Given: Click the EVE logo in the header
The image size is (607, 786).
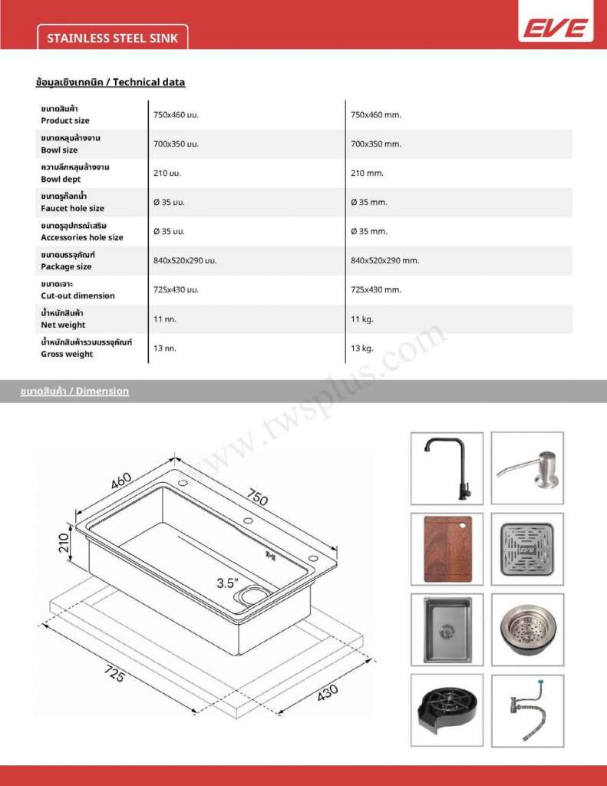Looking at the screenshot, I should click(557, 29).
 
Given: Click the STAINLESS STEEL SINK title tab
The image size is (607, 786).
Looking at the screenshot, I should click(113, 38).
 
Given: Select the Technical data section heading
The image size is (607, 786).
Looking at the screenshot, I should click(111, 82).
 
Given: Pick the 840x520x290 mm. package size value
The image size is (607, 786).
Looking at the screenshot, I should click(384, 261).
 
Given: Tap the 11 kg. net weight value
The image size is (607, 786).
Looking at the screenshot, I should click(361, 319).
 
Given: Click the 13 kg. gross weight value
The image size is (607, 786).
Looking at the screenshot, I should click(361, 348).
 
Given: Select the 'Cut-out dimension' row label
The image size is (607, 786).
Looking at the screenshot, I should click(78, 296).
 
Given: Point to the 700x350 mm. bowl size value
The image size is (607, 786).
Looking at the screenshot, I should click(376, 144).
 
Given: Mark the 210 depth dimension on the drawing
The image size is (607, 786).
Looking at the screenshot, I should click(64, 543).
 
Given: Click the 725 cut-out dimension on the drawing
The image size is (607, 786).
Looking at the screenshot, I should click(114, 675).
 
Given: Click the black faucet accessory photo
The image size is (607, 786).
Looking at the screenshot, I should click(447, 468).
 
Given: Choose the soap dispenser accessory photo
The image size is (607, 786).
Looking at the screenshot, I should click(527, 468).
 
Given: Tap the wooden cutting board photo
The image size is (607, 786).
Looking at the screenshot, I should click(447, 549).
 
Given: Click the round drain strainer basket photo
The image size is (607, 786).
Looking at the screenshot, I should click(527, 629).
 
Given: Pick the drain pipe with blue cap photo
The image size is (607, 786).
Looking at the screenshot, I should click(527, 710).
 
